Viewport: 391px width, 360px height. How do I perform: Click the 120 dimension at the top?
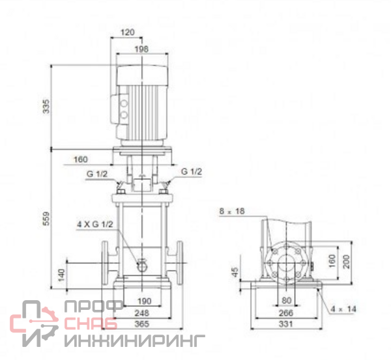click(128, 33)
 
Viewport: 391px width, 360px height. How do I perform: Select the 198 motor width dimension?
click(141, 49)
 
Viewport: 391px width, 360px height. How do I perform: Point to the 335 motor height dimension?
click(46, 107)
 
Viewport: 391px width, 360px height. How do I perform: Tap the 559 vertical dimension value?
click(46, 219)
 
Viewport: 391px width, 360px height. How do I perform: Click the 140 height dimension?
click(62, 275)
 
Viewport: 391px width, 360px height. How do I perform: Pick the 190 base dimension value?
click(145, 301)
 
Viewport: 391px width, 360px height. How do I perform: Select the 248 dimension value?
click(141, 313)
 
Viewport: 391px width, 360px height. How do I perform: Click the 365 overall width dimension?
click(141, 324)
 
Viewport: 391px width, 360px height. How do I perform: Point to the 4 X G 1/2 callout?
click(95, 225)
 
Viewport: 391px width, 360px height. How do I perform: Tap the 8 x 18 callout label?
click(232, 212)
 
